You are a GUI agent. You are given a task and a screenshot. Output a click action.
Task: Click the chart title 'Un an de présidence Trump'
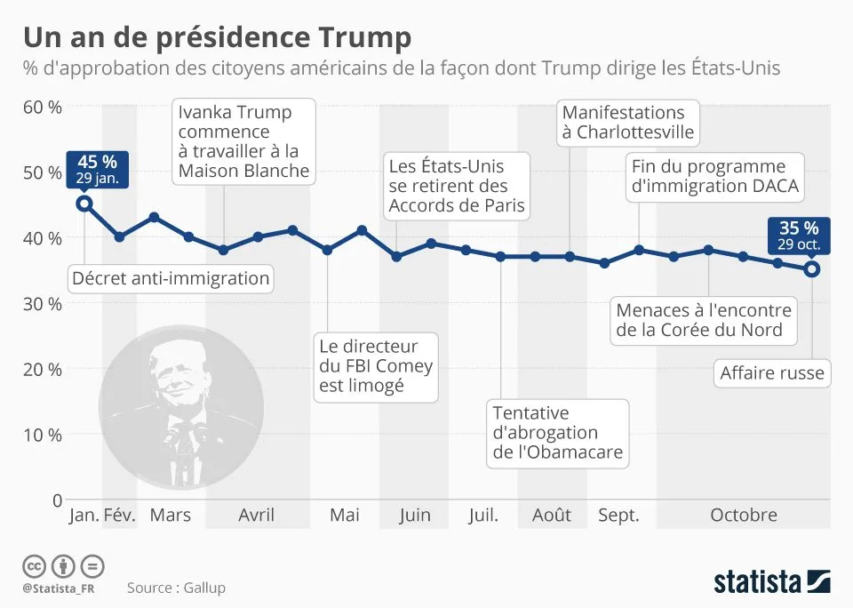[217, 37]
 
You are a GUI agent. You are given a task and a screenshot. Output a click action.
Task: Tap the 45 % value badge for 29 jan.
[97, 169]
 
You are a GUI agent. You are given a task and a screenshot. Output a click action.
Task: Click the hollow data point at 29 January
[84, 204]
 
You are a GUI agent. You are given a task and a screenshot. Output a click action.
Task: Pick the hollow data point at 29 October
[811, 268]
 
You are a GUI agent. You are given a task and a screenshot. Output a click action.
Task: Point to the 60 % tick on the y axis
[42, 107]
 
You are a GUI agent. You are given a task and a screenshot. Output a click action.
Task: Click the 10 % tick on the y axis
[42, 435]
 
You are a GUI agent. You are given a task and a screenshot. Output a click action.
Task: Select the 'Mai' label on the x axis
[344, 515]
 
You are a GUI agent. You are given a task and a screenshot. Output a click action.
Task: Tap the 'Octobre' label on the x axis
[743, 515]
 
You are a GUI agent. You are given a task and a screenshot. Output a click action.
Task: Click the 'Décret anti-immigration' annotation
[171, 278]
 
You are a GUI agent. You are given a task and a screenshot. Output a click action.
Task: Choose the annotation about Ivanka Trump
[243, 140]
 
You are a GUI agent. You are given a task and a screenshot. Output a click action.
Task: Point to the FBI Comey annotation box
[376, 365]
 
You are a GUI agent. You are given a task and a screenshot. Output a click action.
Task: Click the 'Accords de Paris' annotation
[458, 187]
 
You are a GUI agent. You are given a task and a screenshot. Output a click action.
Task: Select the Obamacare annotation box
[558, 433]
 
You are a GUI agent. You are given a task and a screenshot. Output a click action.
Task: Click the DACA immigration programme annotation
[715, 176]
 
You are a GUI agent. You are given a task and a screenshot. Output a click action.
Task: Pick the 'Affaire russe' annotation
[771, 373]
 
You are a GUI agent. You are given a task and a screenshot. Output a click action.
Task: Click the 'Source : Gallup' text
[176, 587]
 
